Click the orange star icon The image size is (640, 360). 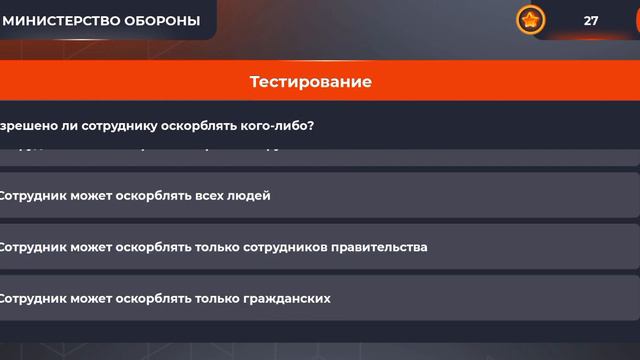(530, 20)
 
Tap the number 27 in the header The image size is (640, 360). (591, 21)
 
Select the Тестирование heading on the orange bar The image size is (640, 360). (310, 82)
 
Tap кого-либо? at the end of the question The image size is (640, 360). (285, 126)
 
